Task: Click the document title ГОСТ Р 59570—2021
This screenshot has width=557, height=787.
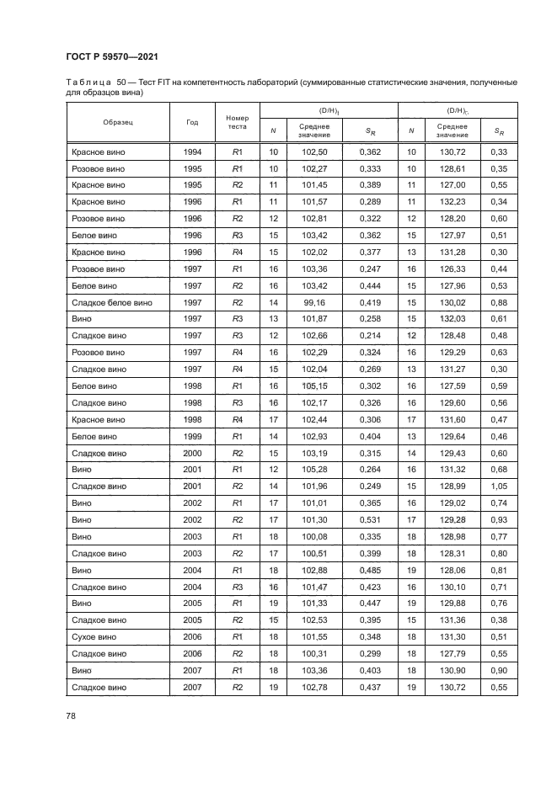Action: click(112, 56)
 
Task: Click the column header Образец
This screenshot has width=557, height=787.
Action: click(118, 121)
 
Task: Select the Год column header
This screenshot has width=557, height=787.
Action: click(192, 121)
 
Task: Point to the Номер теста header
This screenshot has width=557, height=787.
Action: click(237, 121)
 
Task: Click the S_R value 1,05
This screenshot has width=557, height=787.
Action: click(499, 487)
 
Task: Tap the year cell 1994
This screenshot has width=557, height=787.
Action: click(192, 152)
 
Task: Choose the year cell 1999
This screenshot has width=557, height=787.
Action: click(192, 436)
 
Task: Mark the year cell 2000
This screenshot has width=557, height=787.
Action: click(192, 453)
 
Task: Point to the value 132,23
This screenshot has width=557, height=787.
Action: click(453, 202)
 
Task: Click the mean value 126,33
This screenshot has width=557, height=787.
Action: click(453, 269)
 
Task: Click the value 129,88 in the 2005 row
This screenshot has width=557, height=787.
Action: click(453, 604)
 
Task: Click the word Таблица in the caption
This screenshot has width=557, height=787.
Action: click(88, 82)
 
